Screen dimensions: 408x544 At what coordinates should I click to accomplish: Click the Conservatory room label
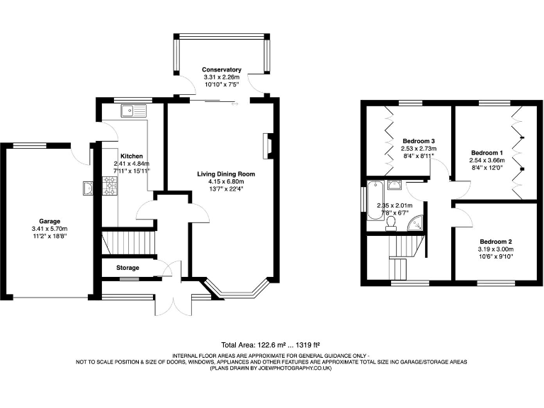click(222, 69)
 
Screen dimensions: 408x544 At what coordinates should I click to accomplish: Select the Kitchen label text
click(132, 156)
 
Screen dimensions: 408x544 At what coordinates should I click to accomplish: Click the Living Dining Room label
click(226, 174)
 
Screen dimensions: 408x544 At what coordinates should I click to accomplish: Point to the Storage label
click(128, 268)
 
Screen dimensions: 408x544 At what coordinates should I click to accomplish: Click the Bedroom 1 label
click(487, 152)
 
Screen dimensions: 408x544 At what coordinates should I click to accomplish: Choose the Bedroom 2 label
click(495, 242)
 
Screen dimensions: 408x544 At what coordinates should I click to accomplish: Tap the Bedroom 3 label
click(418, 140)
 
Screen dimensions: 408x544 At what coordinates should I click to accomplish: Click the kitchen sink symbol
click(132, 110)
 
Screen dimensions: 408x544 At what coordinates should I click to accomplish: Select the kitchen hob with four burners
click(110, 186)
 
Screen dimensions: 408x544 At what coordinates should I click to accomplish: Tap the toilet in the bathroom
click(390, 224)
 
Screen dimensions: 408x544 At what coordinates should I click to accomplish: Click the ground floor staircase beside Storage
click(128, 242)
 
